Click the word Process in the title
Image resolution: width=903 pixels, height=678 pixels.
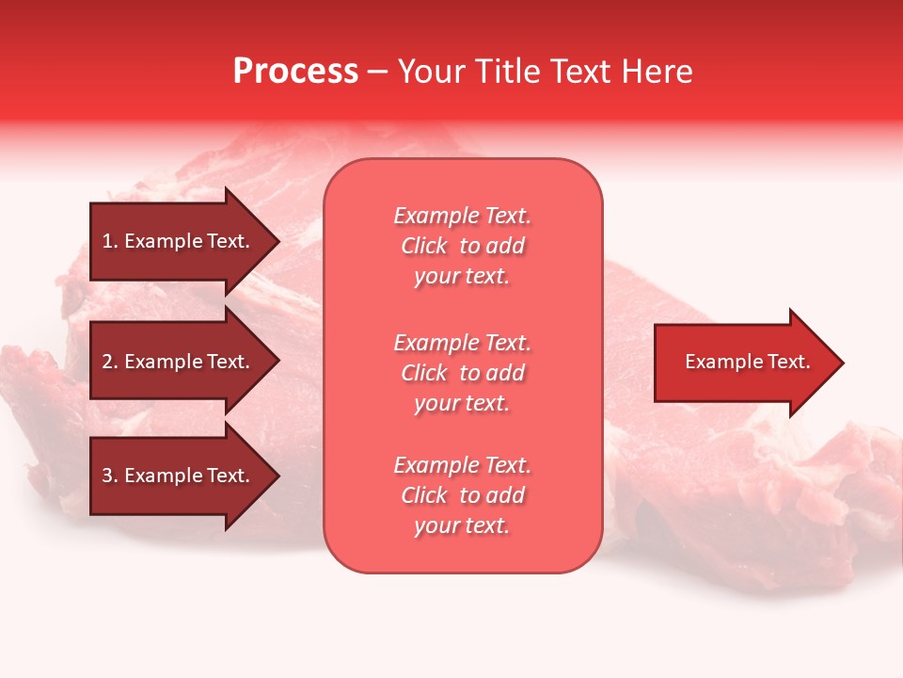click(x=295, y=72)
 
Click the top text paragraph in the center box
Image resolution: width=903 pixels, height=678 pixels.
click(x=462, y=246)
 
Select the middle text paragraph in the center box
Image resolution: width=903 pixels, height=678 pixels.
click(x=462, y=373)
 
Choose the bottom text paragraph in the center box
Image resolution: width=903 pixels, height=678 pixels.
click(x=462, y=495)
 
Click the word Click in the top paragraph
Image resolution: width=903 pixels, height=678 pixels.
click(x=424, y=246)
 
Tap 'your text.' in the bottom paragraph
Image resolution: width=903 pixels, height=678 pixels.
click(x=462, y=526)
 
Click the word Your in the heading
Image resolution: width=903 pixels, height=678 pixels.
click(x=432, y=72)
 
